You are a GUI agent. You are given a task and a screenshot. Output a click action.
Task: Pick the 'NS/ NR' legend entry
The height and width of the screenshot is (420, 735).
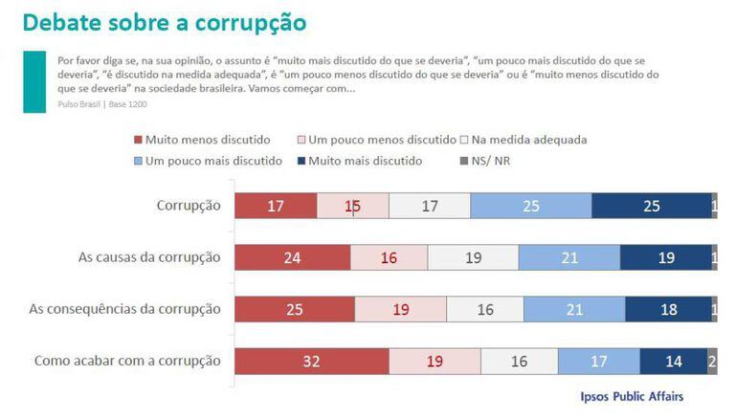click(487, 161)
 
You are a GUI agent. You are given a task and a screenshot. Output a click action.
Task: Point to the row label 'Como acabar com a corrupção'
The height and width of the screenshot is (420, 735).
click(127, 361)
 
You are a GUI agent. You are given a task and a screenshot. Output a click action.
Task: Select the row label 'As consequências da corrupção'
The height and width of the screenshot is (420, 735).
click(125, 309)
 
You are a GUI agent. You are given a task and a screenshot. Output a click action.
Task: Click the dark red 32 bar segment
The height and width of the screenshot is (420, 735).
click(312, 361)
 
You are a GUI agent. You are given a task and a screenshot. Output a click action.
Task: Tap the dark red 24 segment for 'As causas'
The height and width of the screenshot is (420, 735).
click(293, 257)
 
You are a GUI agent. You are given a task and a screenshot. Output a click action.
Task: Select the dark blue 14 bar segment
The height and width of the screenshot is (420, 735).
click(674, 361)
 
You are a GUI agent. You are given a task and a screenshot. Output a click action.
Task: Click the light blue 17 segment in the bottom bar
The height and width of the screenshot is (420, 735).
click(598, 361)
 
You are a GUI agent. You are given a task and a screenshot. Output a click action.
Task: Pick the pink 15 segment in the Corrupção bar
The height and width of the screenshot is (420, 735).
click(353, 206)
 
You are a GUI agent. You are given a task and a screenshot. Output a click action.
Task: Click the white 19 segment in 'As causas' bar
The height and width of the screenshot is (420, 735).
click(473, 257)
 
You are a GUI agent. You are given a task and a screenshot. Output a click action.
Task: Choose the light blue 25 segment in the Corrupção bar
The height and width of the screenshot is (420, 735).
click(531, 206)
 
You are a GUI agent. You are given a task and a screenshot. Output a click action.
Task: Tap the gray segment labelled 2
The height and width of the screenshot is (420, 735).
click(712, 361)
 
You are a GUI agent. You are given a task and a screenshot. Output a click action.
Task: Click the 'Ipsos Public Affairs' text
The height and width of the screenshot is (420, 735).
click(632, 396)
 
